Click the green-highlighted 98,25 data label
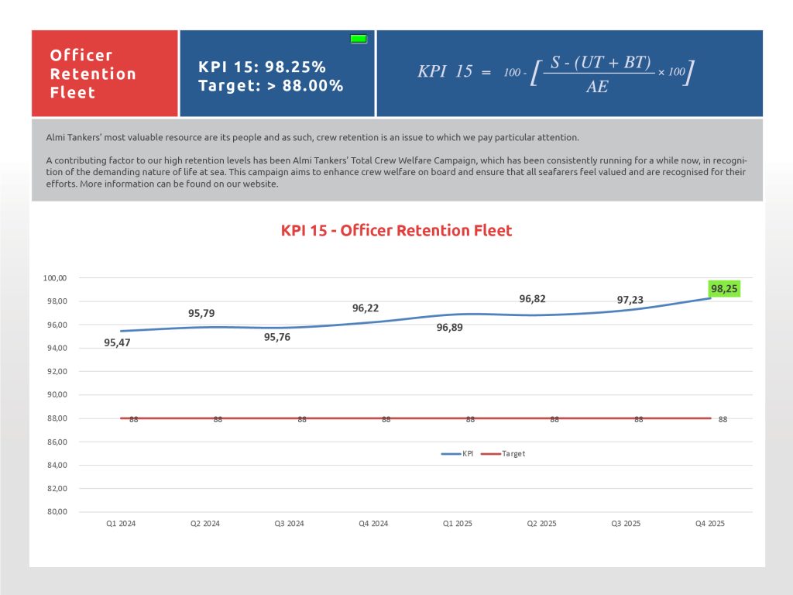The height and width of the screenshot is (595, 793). (x=725, y=288)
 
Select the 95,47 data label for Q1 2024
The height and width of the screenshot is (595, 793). (x=117, y=342)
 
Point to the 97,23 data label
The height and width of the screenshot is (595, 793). (x=630, y=300)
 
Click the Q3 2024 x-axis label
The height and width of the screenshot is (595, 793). (x=289, y=524)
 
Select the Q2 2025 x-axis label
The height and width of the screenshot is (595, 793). (x=542, y=524)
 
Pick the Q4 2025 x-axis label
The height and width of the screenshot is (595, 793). (x=710, y=524)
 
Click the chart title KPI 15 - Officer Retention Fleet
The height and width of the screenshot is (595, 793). (x=396, y=230)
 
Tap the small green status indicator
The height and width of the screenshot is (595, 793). (x=359, y=38)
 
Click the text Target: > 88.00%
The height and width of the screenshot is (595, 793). (x=271, y=85)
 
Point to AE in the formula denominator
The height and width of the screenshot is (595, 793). (x=596, y=88)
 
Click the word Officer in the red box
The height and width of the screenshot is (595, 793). (x=81, y=55)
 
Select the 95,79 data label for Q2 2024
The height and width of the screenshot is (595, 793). (x=201, y=314)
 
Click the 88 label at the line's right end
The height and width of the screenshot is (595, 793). (x=723, y=419)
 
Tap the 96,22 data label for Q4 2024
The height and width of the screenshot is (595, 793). (x=366, y=308)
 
